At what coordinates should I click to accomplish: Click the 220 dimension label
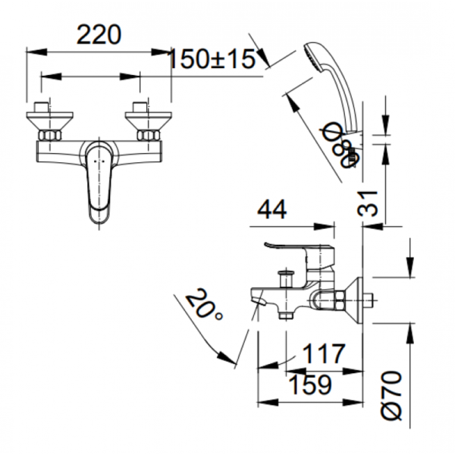point(99,35)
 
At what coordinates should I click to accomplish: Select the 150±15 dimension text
point(212,59)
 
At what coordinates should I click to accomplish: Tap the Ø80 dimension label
point(341,145)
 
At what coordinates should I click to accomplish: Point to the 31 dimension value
point(368,203)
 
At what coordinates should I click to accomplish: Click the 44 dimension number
point(272,209)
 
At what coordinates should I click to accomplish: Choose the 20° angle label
point(204,304)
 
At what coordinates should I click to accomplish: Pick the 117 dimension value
point(324,353)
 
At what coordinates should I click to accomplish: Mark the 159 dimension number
point(310,385)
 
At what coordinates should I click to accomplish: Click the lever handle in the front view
point(99,184)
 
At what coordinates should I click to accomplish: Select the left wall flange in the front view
point(49,121)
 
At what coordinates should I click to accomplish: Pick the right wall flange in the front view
point(149,121)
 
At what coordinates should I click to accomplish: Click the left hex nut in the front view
point(50,136)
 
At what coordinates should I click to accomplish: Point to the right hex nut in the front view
point(148,136)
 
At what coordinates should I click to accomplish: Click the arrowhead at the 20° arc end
point(227,358)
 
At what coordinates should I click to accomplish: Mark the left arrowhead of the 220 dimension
point(36,52)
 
